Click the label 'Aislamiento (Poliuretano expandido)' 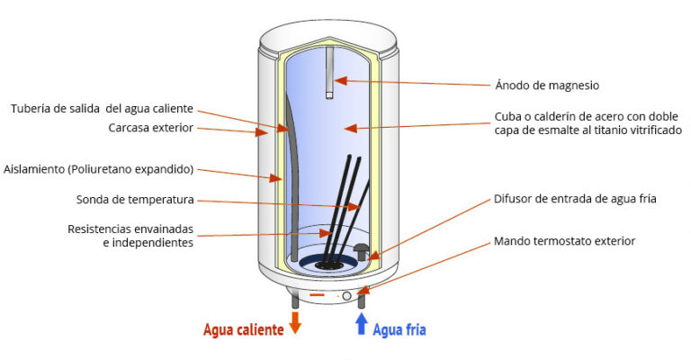pos(99,169)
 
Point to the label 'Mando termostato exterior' pos(564,241)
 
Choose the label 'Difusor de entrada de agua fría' pos(576,199)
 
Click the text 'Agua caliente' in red pos(244,329)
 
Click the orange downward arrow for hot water pos(294,325)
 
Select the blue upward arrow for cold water pos(362,324)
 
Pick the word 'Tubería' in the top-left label pos(31,109)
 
